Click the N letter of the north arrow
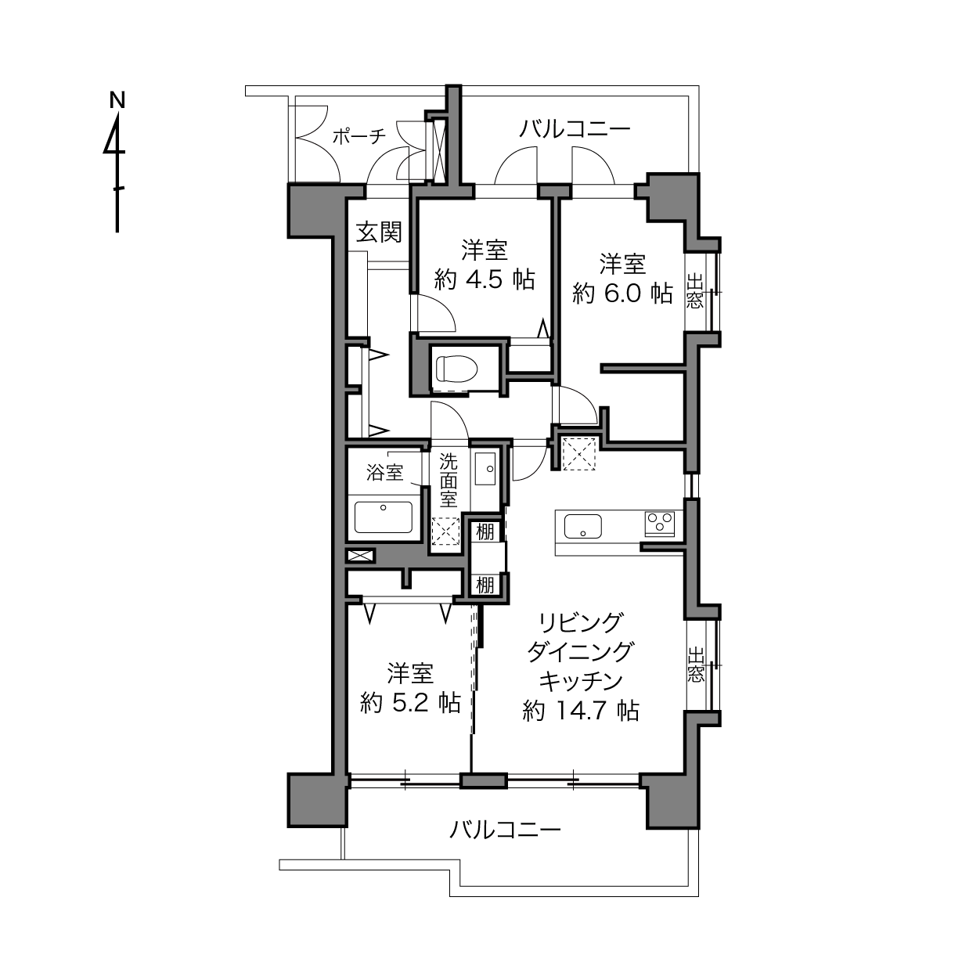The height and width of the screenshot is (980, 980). point(117,99)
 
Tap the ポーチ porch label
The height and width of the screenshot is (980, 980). point(359,135)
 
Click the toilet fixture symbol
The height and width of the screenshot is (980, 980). point(457,367)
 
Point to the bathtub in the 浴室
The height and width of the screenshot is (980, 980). point(383,517)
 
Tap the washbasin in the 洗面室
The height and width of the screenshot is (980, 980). point(485,468)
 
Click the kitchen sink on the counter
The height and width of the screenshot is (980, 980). point(582,525)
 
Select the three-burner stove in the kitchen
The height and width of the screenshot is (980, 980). point(660,524)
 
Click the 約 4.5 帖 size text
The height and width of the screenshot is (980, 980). point(485,279)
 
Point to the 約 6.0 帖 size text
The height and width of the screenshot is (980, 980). point(622,294)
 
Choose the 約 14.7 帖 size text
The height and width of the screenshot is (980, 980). point(581,711)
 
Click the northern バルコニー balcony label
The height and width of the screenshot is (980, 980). point(575,129)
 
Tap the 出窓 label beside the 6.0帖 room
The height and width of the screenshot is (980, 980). point(695,291)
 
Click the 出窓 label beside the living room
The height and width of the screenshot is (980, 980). point(696,665)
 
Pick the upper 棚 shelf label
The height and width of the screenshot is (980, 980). point(485,532)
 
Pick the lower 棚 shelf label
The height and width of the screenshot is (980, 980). point(485,585)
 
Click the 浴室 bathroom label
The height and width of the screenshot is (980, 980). point(385,473)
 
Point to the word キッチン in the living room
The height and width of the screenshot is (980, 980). point(581,681)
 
